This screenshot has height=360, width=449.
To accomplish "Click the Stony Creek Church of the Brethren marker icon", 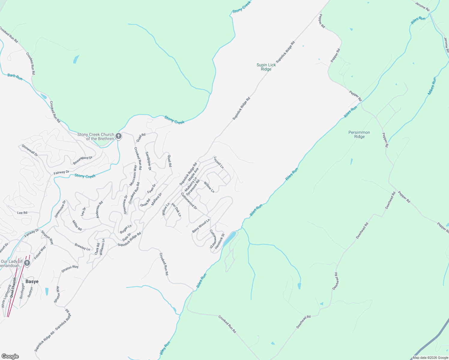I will (x=119, y=136).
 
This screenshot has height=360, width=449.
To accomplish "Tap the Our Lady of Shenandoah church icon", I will (x=27, y=263).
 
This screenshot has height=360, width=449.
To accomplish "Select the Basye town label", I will (x=32, y=282).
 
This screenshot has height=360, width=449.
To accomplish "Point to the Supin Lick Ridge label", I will (x=266, y=67).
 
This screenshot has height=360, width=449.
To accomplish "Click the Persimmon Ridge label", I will (x=359, y=134).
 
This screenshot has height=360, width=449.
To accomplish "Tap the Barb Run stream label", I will (x=15, y=77).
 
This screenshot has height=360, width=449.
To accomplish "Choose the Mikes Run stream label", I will (x=432, y=86).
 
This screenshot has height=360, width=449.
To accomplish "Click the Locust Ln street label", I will (x=219, y=162).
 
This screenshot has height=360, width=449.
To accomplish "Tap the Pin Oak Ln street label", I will (x=176, y=210).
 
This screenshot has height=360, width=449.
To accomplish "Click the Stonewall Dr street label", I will (x=30, y=150).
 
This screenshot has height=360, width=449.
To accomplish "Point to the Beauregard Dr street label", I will (x=83, y=160).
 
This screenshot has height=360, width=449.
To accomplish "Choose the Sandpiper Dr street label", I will (x=148, y=161).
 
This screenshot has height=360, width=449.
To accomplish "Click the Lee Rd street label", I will (x=22, y=213).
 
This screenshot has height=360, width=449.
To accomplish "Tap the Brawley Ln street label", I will (x=82, y=247).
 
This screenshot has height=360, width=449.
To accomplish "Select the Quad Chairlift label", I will (x=13, y=287).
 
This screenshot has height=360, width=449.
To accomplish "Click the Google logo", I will (x=10, y=356).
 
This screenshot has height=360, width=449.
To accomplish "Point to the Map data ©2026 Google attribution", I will (x=430, y=358).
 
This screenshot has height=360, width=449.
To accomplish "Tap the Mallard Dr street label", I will (x=157, y=199).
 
